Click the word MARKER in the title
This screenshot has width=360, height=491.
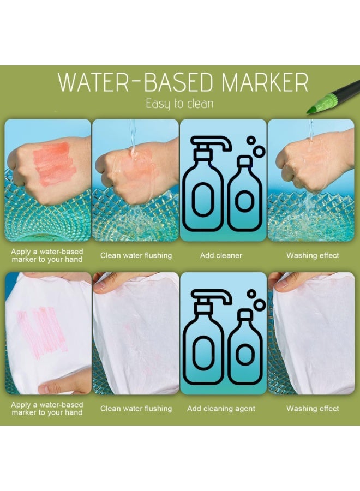pos(265,82)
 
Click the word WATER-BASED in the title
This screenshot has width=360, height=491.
pos(136,82)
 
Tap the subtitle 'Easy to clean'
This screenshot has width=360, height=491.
pos(179,104)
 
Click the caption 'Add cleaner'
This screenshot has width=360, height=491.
pos(221,255)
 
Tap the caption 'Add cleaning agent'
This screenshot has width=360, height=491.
pos(221,409)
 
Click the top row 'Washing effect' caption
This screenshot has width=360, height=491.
pos(313,255)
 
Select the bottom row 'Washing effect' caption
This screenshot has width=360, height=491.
pos(313,409)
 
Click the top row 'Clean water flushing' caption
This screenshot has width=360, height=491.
pos(136,255)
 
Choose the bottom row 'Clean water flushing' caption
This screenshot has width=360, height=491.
pos(136,409)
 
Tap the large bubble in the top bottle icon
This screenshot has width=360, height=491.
pos(259,152)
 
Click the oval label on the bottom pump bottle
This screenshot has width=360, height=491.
pos(203,352)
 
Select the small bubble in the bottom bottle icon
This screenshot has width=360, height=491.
pos(251,294)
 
